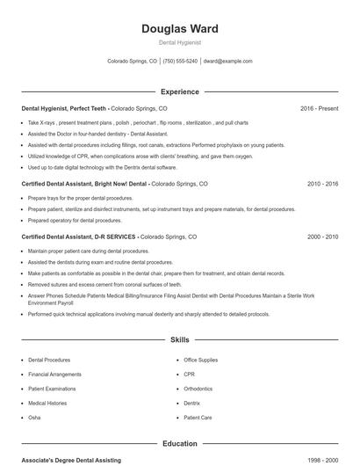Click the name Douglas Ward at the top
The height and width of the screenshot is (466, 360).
tap(179, 29)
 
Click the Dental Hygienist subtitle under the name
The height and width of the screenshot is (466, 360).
tap(179, 42)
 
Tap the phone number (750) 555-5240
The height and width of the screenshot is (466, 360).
tap(180, 62)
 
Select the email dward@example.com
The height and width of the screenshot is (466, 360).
tap(227, 62)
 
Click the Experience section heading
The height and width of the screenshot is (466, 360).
tap(179, 91)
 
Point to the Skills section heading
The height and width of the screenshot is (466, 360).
tap(179, 339)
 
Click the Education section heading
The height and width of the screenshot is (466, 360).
tap(179, 444)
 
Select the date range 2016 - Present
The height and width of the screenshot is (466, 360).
tap(319, 108)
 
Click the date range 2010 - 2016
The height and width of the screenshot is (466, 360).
tap(322, 185)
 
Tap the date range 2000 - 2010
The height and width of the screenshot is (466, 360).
tap(322, 237)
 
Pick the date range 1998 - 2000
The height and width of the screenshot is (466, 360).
tap(322, 460)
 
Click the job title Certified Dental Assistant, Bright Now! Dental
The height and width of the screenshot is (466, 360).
tap(84, 185)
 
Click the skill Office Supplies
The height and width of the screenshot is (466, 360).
tap(201, 360)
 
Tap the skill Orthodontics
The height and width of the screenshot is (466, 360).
tap(198, 389)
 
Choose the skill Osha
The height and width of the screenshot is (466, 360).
tap(34, 417)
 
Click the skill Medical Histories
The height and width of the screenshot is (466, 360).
tap(47, 403)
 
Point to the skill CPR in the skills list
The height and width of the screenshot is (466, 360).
tap(190, 375)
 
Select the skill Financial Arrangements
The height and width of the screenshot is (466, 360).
tap(54, 375)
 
